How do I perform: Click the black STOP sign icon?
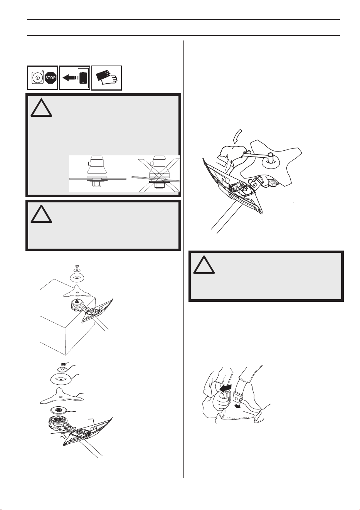[50, 77]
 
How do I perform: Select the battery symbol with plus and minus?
[83, 77]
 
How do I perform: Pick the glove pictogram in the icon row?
[106, 77]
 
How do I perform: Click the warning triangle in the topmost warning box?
[42, 108]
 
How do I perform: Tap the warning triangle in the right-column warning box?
[204, 264]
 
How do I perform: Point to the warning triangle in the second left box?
[42, 214]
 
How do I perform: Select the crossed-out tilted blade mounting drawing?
[156, 173]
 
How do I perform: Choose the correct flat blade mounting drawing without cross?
[98, 173]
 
